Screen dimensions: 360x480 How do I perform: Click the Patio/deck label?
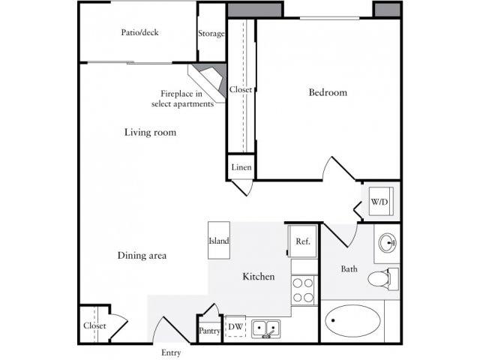[140, 33]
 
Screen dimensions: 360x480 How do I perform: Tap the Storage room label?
[211, 33]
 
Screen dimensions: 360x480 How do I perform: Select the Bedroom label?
[328, 92]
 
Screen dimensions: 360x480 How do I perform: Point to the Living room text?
[150, 133]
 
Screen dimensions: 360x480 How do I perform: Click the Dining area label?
[142, 256]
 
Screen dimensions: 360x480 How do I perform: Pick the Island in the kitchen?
[219, 241]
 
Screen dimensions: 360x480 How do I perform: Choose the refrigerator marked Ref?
[303, 241]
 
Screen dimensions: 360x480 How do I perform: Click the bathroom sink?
[388, 242]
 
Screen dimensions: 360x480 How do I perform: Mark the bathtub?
[352, 321]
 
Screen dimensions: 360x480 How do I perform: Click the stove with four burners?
[303, 290]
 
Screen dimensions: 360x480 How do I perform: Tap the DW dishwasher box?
[235, 327]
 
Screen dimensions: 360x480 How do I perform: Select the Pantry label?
[208, 330]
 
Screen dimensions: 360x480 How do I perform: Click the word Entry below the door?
[171, 352]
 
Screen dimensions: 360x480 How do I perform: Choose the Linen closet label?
[241, 167]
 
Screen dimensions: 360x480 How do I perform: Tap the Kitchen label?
[258, 277]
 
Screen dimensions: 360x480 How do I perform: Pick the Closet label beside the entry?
[94, 326]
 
